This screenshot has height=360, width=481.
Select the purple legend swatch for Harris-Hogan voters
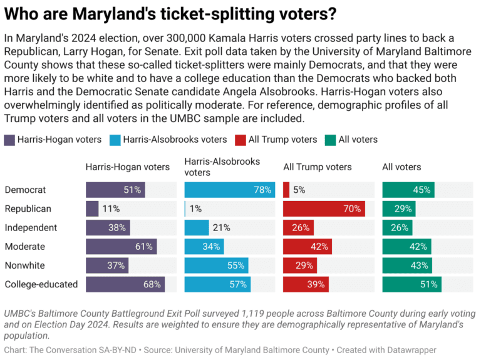pyautogui.click(x=10, y=140)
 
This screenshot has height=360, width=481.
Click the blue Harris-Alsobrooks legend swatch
pyautogui.click(x=116, y=140)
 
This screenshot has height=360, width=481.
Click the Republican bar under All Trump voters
pyautogui.click(x=324, y=208)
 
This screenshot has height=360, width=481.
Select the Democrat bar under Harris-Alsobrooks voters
pyautogui.click(x=229, y=190)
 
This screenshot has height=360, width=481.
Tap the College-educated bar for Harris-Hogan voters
pyautogui.click(x=125, y=284)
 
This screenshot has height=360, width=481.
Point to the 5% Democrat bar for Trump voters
pyautogui.click(x=286, y=190)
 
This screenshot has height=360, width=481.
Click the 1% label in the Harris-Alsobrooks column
pyautogui.click(x=195, y=208)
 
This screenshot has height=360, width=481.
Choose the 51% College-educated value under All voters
pyautogui.click(x=430, y=284)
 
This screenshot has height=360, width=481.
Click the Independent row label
pyautogui.click(x=31, y=228)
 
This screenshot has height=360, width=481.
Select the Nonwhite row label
pyautogui.click(x=25, y=265)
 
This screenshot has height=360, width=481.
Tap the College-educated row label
pyautogui.click(x=41, y=284)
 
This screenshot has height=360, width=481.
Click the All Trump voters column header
pyautogui.click(x=318, y=167)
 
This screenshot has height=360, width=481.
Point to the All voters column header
pyautogui.click(x=401, y=167)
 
